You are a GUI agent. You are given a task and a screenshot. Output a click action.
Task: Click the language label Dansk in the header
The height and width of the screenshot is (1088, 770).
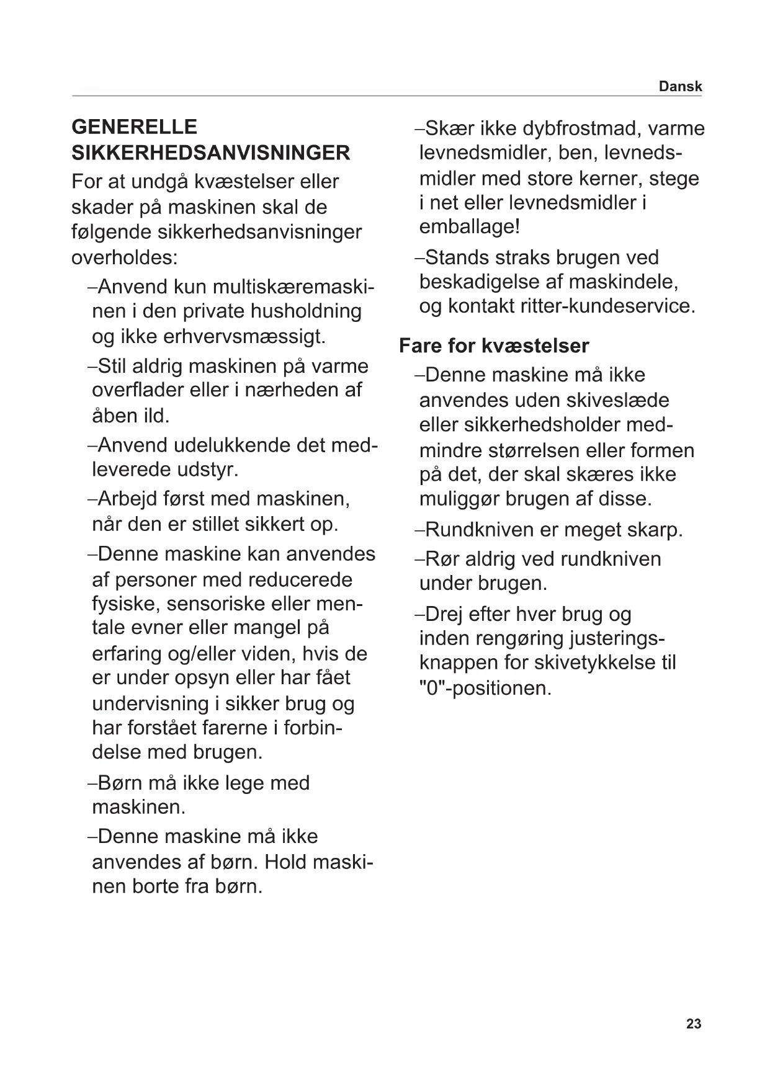[680, 86]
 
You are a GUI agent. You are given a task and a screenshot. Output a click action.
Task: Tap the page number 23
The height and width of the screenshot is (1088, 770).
[694, 1023]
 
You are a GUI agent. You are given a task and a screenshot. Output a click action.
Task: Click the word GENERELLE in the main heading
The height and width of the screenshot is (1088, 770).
[135, 127]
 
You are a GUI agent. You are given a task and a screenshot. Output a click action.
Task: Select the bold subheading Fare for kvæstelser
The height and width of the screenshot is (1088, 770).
[494, 346]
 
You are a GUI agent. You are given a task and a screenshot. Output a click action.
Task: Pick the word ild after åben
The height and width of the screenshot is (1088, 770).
[156, 416]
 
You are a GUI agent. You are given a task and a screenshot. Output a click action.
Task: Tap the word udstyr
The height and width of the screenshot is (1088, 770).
[207, 469]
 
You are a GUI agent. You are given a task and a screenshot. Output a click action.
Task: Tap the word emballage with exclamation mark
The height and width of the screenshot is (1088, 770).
[469, 226]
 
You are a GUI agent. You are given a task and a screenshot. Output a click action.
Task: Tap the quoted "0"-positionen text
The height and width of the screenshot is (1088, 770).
[485, 689]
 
